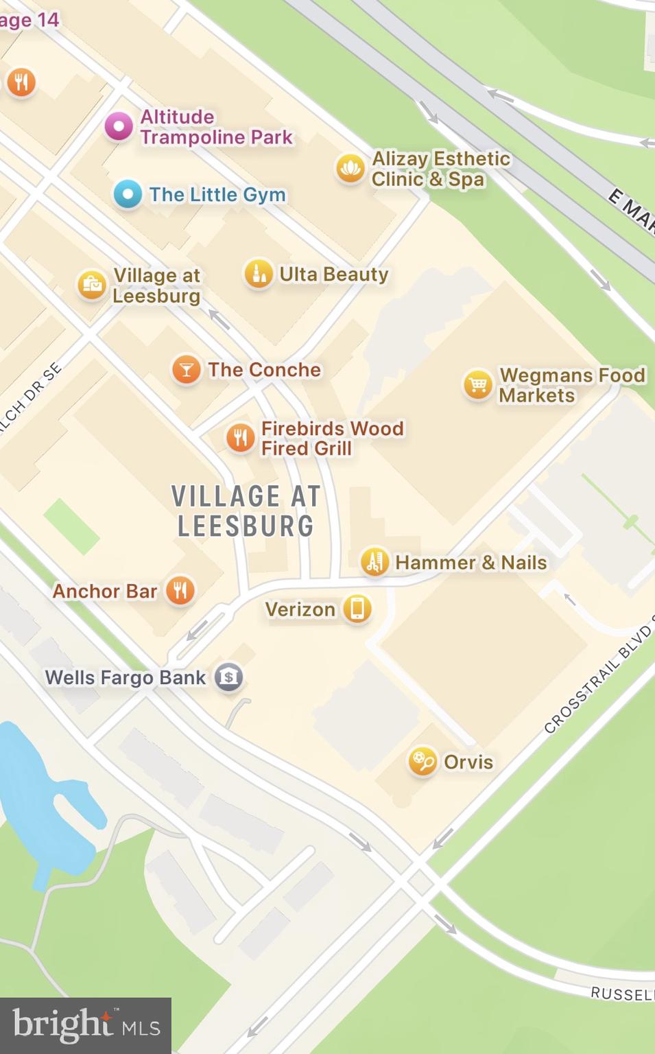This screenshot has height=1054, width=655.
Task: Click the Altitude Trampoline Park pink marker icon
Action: [119, 127]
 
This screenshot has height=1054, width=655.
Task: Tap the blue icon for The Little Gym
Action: [128, 194]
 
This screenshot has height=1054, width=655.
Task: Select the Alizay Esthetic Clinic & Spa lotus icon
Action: [350, 168]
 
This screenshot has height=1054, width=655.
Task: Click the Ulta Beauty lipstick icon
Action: [259, 274]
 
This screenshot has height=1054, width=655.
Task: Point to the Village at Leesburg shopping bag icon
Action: [92, 285]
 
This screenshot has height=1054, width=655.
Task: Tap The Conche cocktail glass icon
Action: [186, 370]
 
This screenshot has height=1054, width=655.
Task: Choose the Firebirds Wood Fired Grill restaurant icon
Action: [240, 437]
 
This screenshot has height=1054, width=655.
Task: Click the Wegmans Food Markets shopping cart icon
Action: [477, 384]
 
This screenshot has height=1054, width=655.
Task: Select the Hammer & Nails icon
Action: [374, 562]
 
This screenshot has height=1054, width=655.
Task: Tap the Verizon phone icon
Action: [357, 609]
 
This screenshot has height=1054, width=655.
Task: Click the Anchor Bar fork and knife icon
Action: [180, 590]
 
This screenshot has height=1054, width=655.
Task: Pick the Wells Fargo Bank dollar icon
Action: [229, 677]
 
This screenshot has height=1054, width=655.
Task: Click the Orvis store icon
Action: [422, 761]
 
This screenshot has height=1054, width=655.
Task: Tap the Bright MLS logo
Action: [86, 1025]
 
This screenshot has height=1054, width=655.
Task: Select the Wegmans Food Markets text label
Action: [572, 385]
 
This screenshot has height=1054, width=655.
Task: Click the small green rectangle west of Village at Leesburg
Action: [71, 526]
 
